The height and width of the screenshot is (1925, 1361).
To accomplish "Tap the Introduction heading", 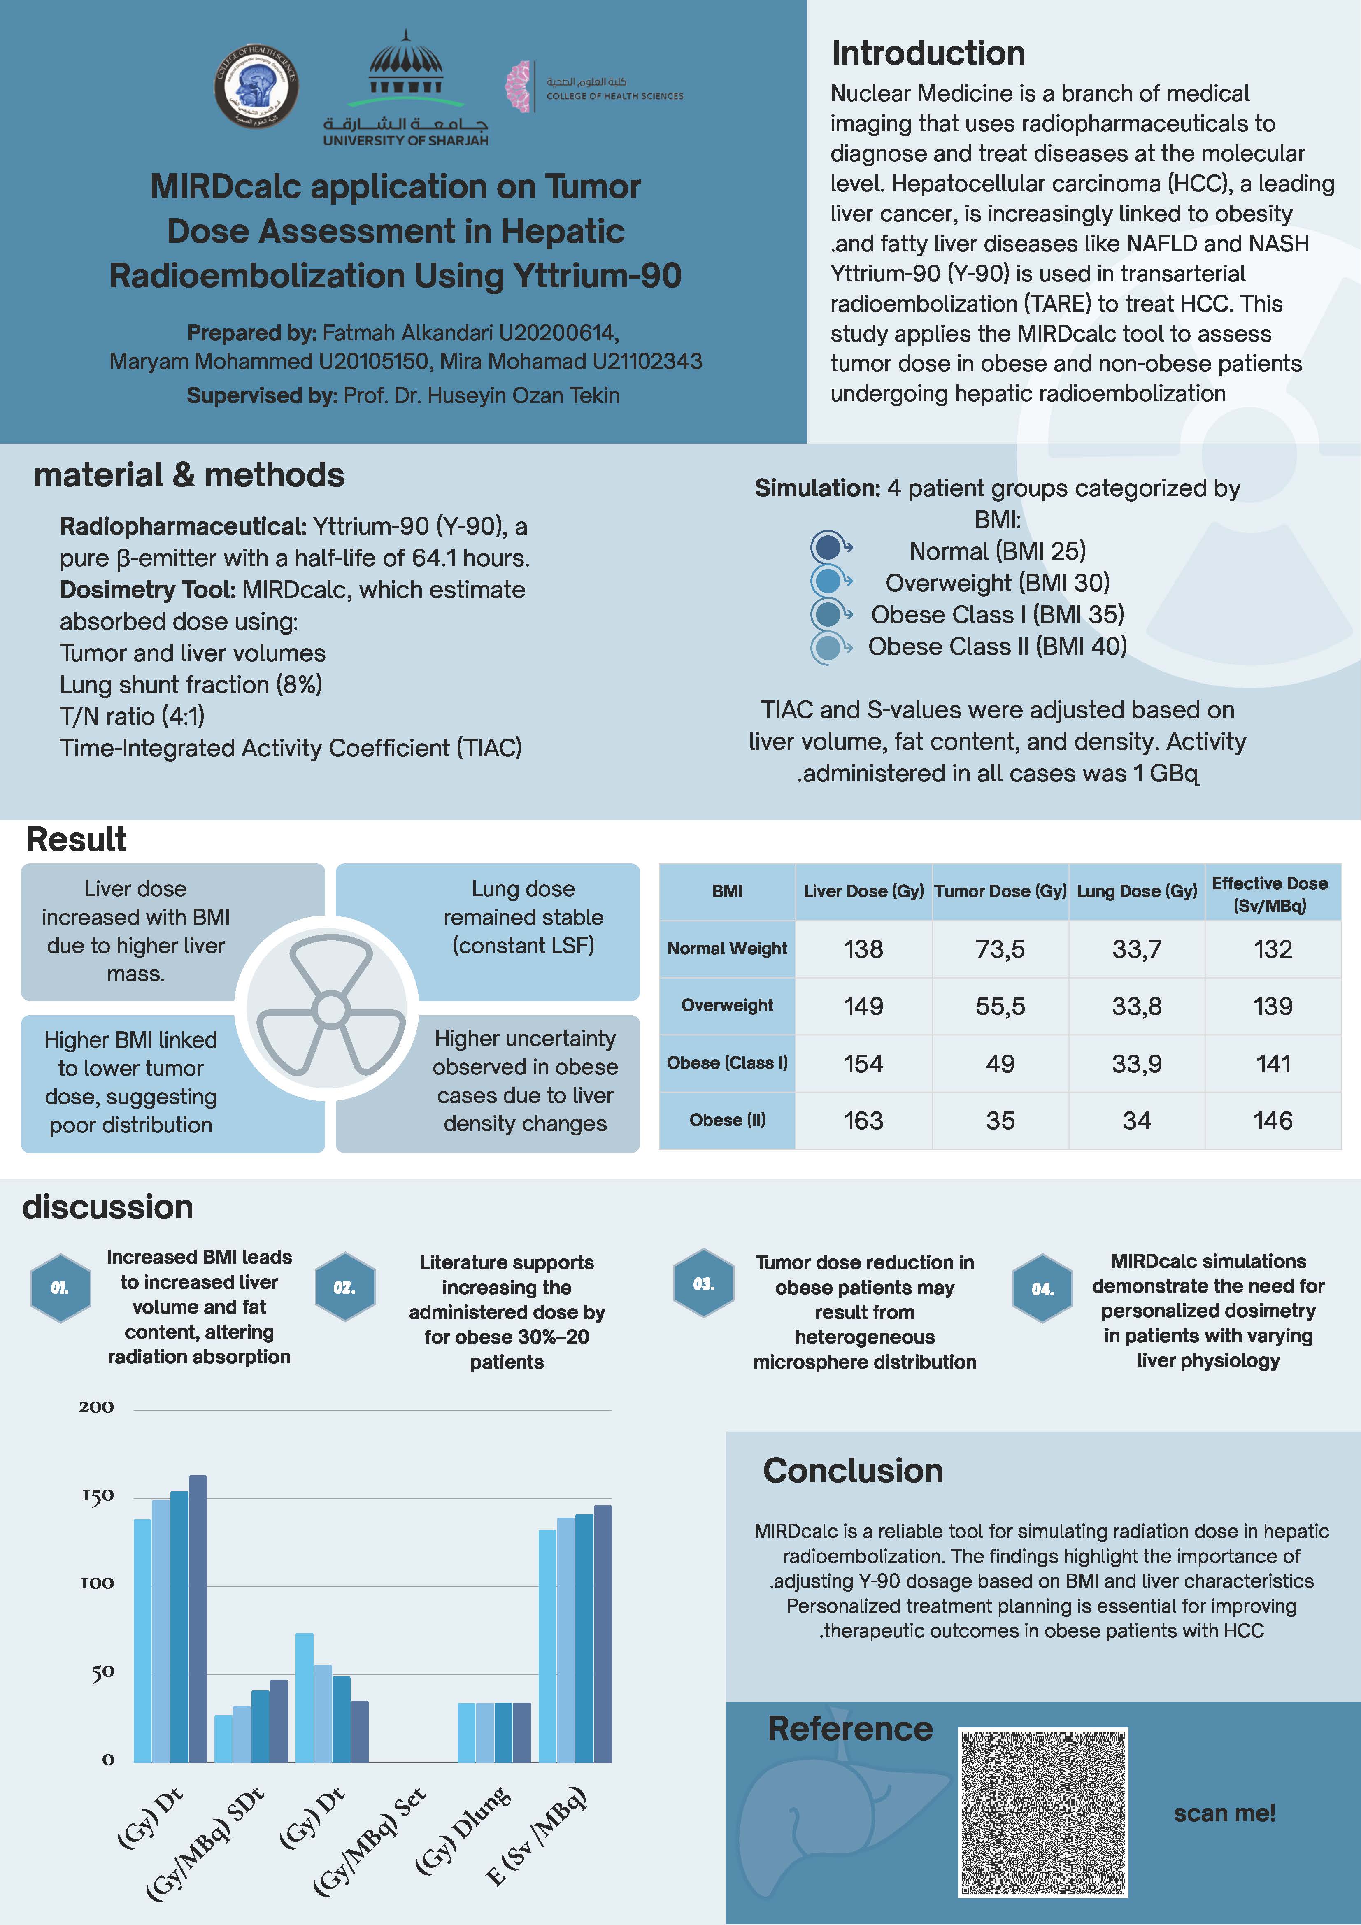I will (928, 53).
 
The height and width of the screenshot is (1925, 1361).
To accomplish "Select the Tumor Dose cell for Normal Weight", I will (1000, 949).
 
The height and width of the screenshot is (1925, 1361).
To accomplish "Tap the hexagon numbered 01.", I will (60, 1288).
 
